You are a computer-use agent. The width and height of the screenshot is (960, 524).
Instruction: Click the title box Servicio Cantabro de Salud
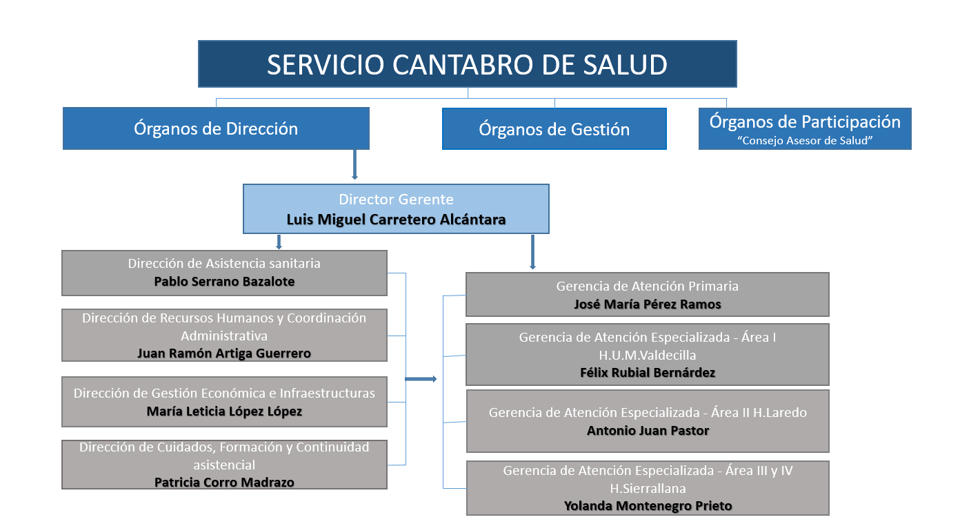467,64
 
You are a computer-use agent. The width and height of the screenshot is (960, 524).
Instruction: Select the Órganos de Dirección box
216,128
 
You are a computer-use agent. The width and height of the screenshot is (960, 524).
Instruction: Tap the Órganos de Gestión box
554,128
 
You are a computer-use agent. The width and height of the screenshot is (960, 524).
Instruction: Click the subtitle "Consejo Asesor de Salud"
805,141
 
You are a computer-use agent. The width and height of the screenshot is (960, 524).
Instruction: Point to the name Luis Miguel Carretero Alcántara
396,220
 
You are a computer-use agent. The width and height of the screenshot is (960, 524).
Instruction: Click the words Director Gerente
396,199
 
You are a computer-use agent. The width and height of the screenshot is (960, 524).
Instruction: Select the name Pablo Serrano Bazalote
224,282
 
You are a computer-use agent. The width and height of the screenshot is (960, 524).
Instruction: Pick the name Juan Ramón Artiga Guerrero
224,353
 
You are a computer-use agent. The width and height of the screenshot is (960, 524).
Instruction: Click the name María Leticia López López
224,411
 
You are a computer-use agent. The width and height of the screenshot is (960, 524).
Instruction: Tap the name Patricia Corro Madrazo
224,483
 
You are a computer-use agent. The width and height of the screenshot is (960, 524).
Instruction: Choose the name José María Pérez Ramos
648,304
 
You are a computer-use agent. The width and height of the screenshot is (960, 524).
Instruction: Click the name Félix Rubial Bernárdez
648,373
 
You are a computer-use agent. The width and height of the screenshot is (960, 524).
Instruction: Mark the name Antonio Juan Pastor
648,430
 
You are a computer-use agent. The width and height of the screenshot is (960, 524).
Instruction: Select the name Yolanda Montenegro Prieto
648,506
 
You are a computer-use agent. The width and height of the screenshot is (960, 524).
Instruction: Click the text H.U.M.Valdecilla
648,355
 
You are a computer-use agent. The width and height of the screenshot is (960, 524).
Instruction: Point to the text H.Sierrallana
648,488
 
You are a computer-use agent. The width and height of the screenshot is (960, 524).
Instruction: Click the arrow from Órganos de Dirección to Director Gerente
354,164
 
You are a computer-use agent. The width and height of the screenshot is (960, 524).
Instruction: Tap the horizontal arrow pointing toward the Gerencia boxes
421,379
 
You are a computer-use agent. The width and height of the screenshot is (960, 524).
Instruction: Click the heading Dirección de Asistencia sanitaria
224,263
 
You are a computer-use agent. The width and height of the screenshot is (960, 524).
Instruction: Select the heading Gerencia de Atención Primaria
648,286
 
